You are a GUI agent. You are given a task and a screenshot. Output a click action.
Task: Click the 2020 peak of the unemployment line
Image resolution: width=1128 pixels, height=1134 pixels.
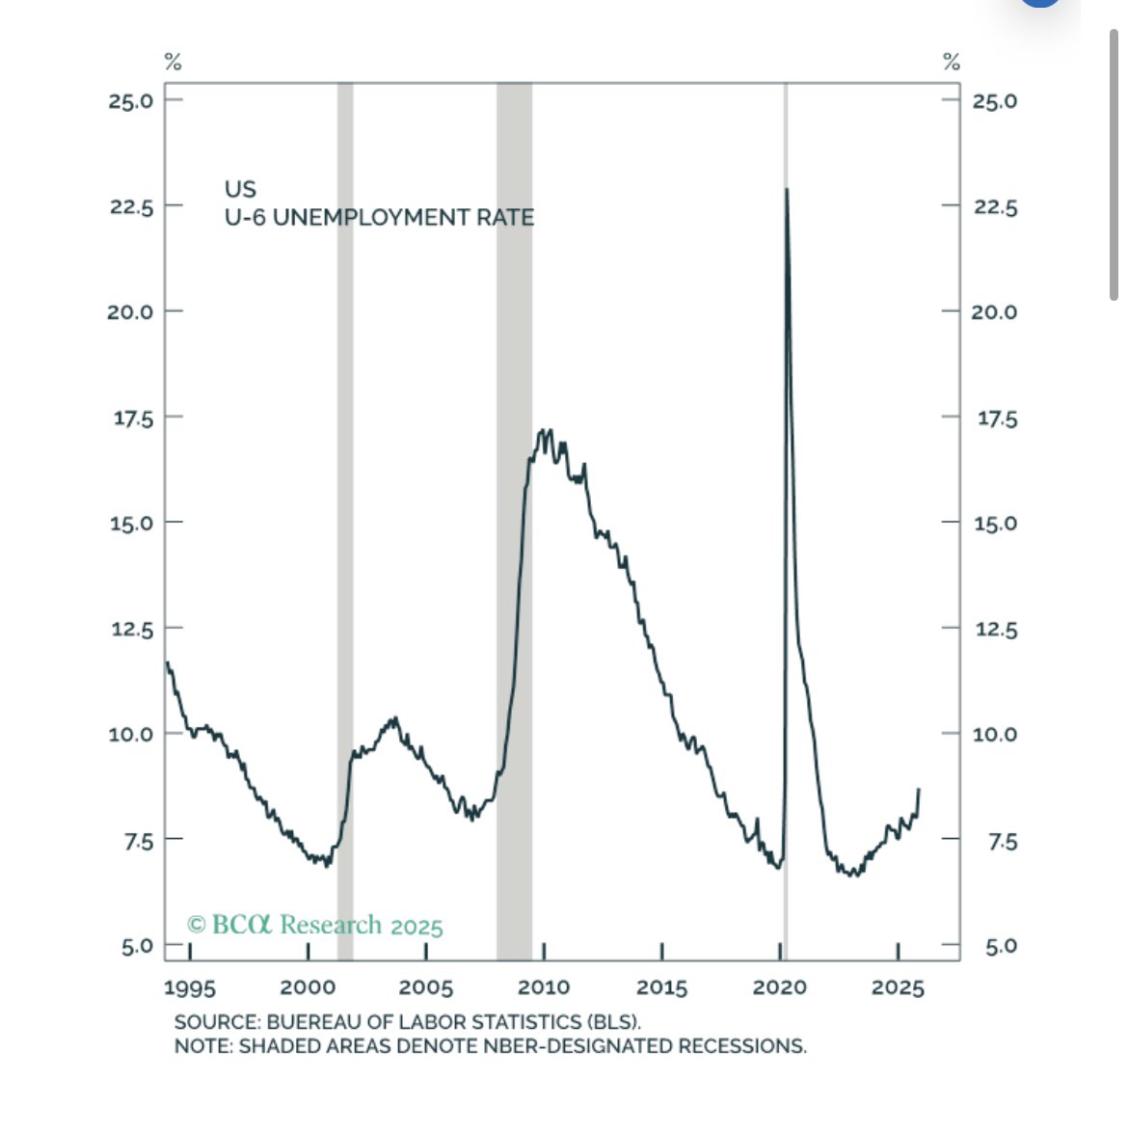click(787, 190)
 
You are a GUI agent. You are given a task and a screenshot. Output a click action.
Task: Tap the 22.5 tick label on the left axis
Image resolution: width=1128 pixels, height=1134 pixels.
click(131, 206)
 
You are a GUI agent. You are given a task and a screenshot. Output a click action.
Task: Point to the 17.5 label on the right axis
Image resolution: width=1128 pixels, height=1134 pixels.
click(997, 418)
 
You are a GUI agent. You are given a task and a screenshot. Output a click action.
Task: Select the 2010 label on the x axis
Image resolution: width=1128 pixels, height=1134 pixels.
click(543, 987)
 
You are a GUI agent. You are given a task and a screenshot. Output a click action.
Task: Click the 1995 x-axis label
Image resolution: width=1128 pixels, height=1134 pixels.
click(190, 987)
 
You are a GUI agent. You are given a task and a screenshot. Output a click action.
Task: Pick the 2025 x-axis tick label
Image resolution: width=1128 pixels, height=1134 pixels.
click(898, 987)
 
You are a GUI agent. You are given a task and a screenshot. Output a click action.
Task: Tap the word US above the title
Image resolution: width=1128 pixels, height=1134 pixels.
click(240, 189)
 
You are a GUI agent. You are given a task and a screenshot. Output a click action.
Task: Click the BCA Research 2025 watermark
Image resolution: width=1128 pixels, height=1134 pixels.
click(315, 925)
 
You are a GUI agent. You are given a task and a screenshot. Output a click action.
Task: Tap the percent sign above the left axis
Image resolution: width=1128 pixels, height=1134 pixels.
click(174, 63)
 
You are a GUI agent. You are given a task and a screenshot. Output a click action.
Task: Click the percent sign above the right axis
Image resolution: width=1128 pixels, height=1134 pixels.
click(952, 63)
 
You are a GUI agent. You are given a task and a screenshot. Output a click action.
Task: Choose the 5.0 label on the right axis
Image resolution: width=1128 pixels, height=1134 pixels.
click(1001, 946)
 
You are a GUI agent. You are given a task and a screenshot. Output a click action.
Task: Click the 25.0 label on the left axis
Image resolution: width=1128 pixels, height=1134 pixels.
click(131, 100)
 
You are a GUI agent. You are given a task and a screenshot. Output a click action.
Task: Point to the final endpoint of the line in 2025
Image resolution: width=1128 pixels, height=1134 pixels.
click(919, 790)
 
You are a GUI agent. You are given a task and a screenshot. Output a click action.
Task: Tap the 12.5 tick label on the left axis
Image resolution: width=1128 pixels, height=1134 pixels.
click(131, 630)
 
